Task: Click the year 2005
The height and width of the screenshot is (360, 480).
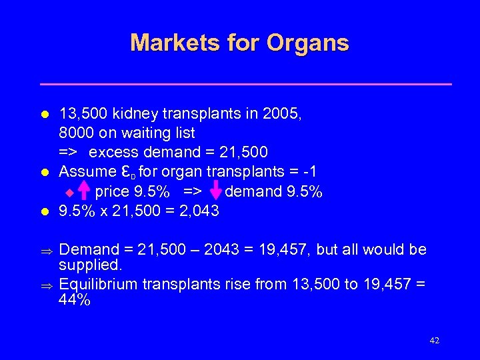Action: [284, 114]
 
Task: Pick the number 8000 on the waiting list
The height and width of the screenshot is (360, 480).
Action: [77, 133]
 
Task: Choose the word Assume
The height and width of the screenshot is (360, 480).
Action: [87, 172]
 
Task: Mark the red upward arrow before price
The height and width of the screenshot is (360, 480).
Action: [84, 192]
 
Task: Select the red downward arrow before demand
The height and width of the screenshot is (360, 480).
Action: [215, 192]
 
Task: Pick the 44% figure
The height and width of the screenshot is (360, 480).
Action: [75, 300]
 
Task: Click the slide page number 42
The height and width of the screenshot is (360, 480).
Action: [434, 341]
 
